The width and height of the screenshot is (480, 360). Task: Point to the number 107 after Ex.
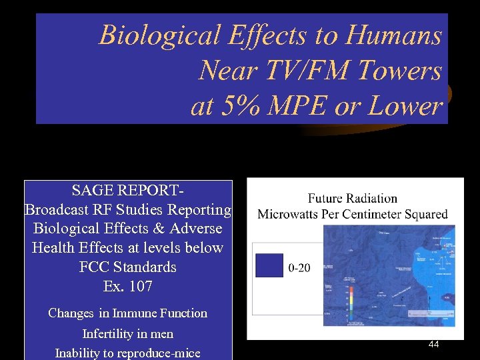click(141, 287)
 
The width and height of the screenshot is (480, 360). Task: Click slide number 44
click(433, 344)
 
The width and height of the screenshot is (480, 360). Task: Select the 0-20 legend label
click(299, 268)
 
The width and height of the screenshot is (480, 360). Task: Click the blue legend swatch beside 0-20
click(269, 265)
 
